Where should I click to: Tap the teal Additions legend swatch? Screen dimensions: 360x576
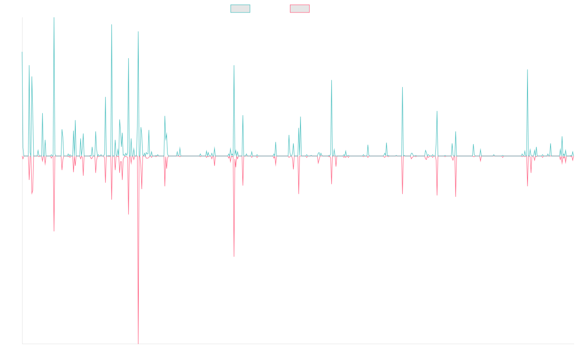[240, 9]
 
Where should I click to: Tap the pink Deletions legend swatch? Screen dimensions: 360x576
[300, 9]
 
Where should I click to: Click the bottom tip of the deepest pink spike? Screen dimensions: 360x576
[138, 343]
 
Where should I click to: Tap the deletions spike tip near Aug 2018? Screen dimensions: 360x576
[234, 256]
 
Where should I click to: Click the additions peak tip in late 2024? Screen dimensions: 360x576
[528, 70]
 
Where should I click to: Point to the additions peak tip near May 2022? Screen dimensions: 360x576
[402, 87]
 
